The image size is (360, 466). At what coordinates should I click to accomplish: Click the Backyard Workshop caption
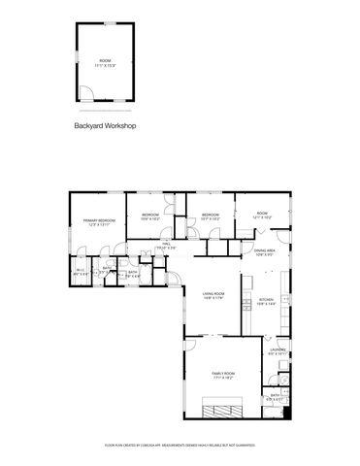point(106,126)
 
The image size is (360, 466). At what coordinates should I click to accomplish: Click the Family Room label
point(224,373)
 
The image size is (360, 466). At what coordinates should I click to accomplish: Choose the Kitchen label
point(266,300)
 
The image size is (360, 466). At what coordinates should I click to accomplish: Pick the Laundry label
point(278,350)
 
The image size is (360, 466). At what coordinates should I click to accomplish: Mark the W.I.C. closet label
point(79,270)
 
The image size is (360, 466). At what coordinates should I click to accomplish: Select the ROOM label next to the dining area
point(263,214)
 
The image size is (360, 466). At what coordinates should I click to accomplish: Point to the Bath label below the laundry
point(276,394)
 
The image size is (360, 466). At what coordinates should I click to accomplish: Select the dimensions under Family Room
point(224,378)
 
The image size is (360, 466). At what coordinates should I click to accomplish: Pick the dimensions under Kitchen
point(266,305)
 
